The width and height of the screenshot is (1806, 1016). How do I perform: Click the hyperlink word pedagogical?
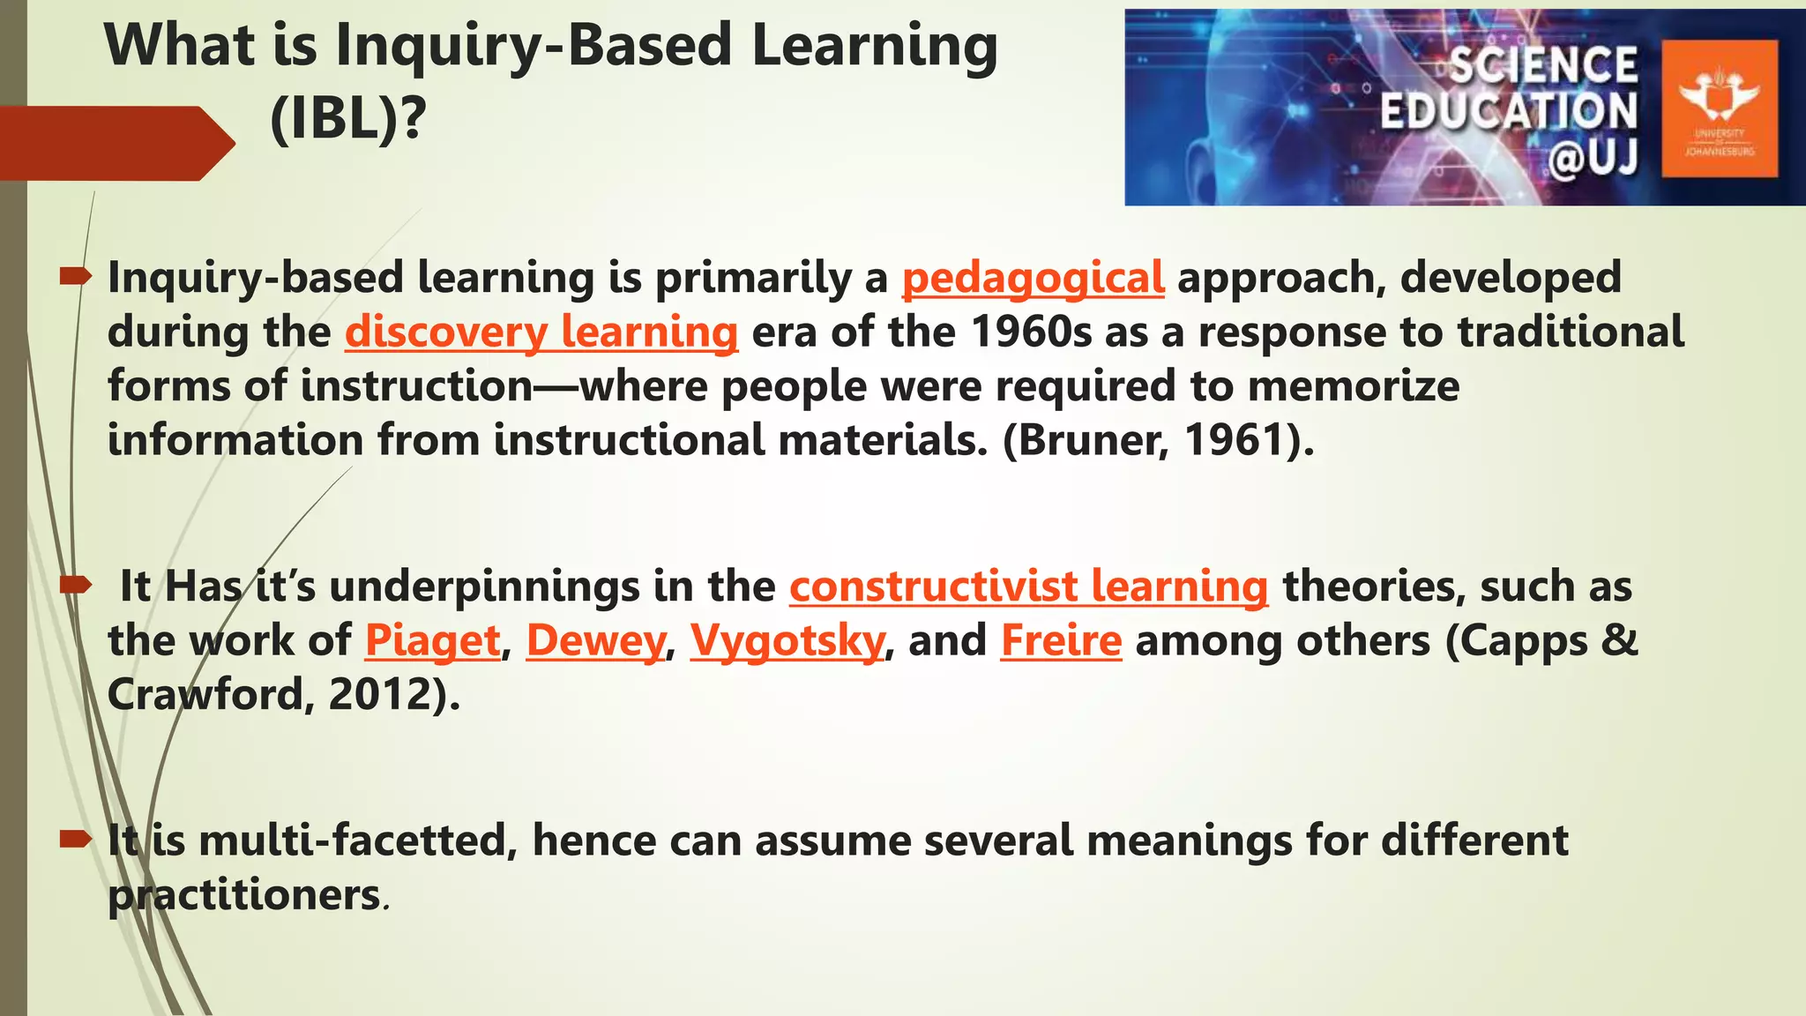(1033, 278)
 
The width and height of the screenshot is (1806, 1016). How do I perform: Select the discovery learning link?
(541, 332)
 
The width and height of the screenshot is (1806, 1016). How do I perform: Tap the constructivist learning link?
(1028, 586)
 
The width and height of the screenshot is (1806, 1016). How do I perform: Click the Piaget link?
(433, 641)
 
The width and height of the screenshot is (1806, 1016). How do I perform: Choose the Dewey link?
(596, 641)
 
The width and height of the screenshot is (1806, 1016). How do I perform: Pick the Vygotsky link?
(787, 641)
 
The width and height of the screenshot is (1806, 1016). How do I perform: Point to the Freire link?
(1061, 641)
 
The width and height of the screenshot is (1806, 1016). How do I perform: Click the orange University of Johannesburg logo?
(1719, 108)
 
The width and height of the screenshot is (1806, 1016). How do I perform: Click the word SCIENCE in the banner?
(1543, 65)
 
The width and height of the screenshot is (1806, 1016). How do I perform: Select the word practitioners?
(243, 895)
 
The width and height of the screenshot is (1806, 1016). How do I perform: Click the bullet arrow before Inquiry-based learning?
(76, 277)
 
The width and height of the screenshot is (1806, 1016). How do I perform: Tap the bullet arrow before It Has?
(76, 584)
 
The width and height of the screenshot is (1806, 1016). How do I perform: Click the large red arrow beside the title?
(115, 143)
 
